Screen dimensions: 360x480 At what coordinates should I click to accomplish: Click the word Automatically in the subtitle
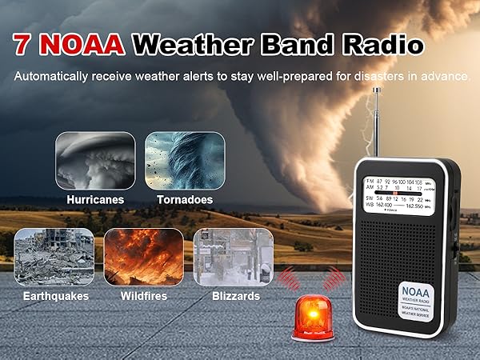(53, 78)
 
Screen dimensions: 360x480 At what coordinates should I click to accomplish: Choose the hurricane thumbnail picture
(95, 160)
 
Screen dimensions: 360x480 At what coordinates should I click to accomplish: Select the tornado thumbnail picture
(185, 160)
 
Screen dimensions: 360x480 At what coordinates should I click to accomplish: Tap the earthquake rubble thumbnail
(54, 257)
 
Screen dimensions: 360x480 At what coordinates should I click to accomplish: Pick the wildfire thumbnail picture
(144, 257)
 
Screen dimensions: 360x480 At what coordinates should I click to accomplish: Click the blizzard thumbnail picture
(234, 257)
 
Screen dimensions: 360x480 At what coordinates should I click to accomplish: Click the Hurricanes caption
(95, 199)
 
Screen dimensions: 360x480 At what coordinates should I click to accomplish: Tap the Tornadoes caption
(185, 199)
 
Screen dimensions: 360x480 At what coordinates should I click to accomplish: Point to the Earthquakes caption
(54, 296)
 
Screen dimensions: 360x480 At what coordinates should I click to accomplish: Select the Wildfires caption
(144, 296)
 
